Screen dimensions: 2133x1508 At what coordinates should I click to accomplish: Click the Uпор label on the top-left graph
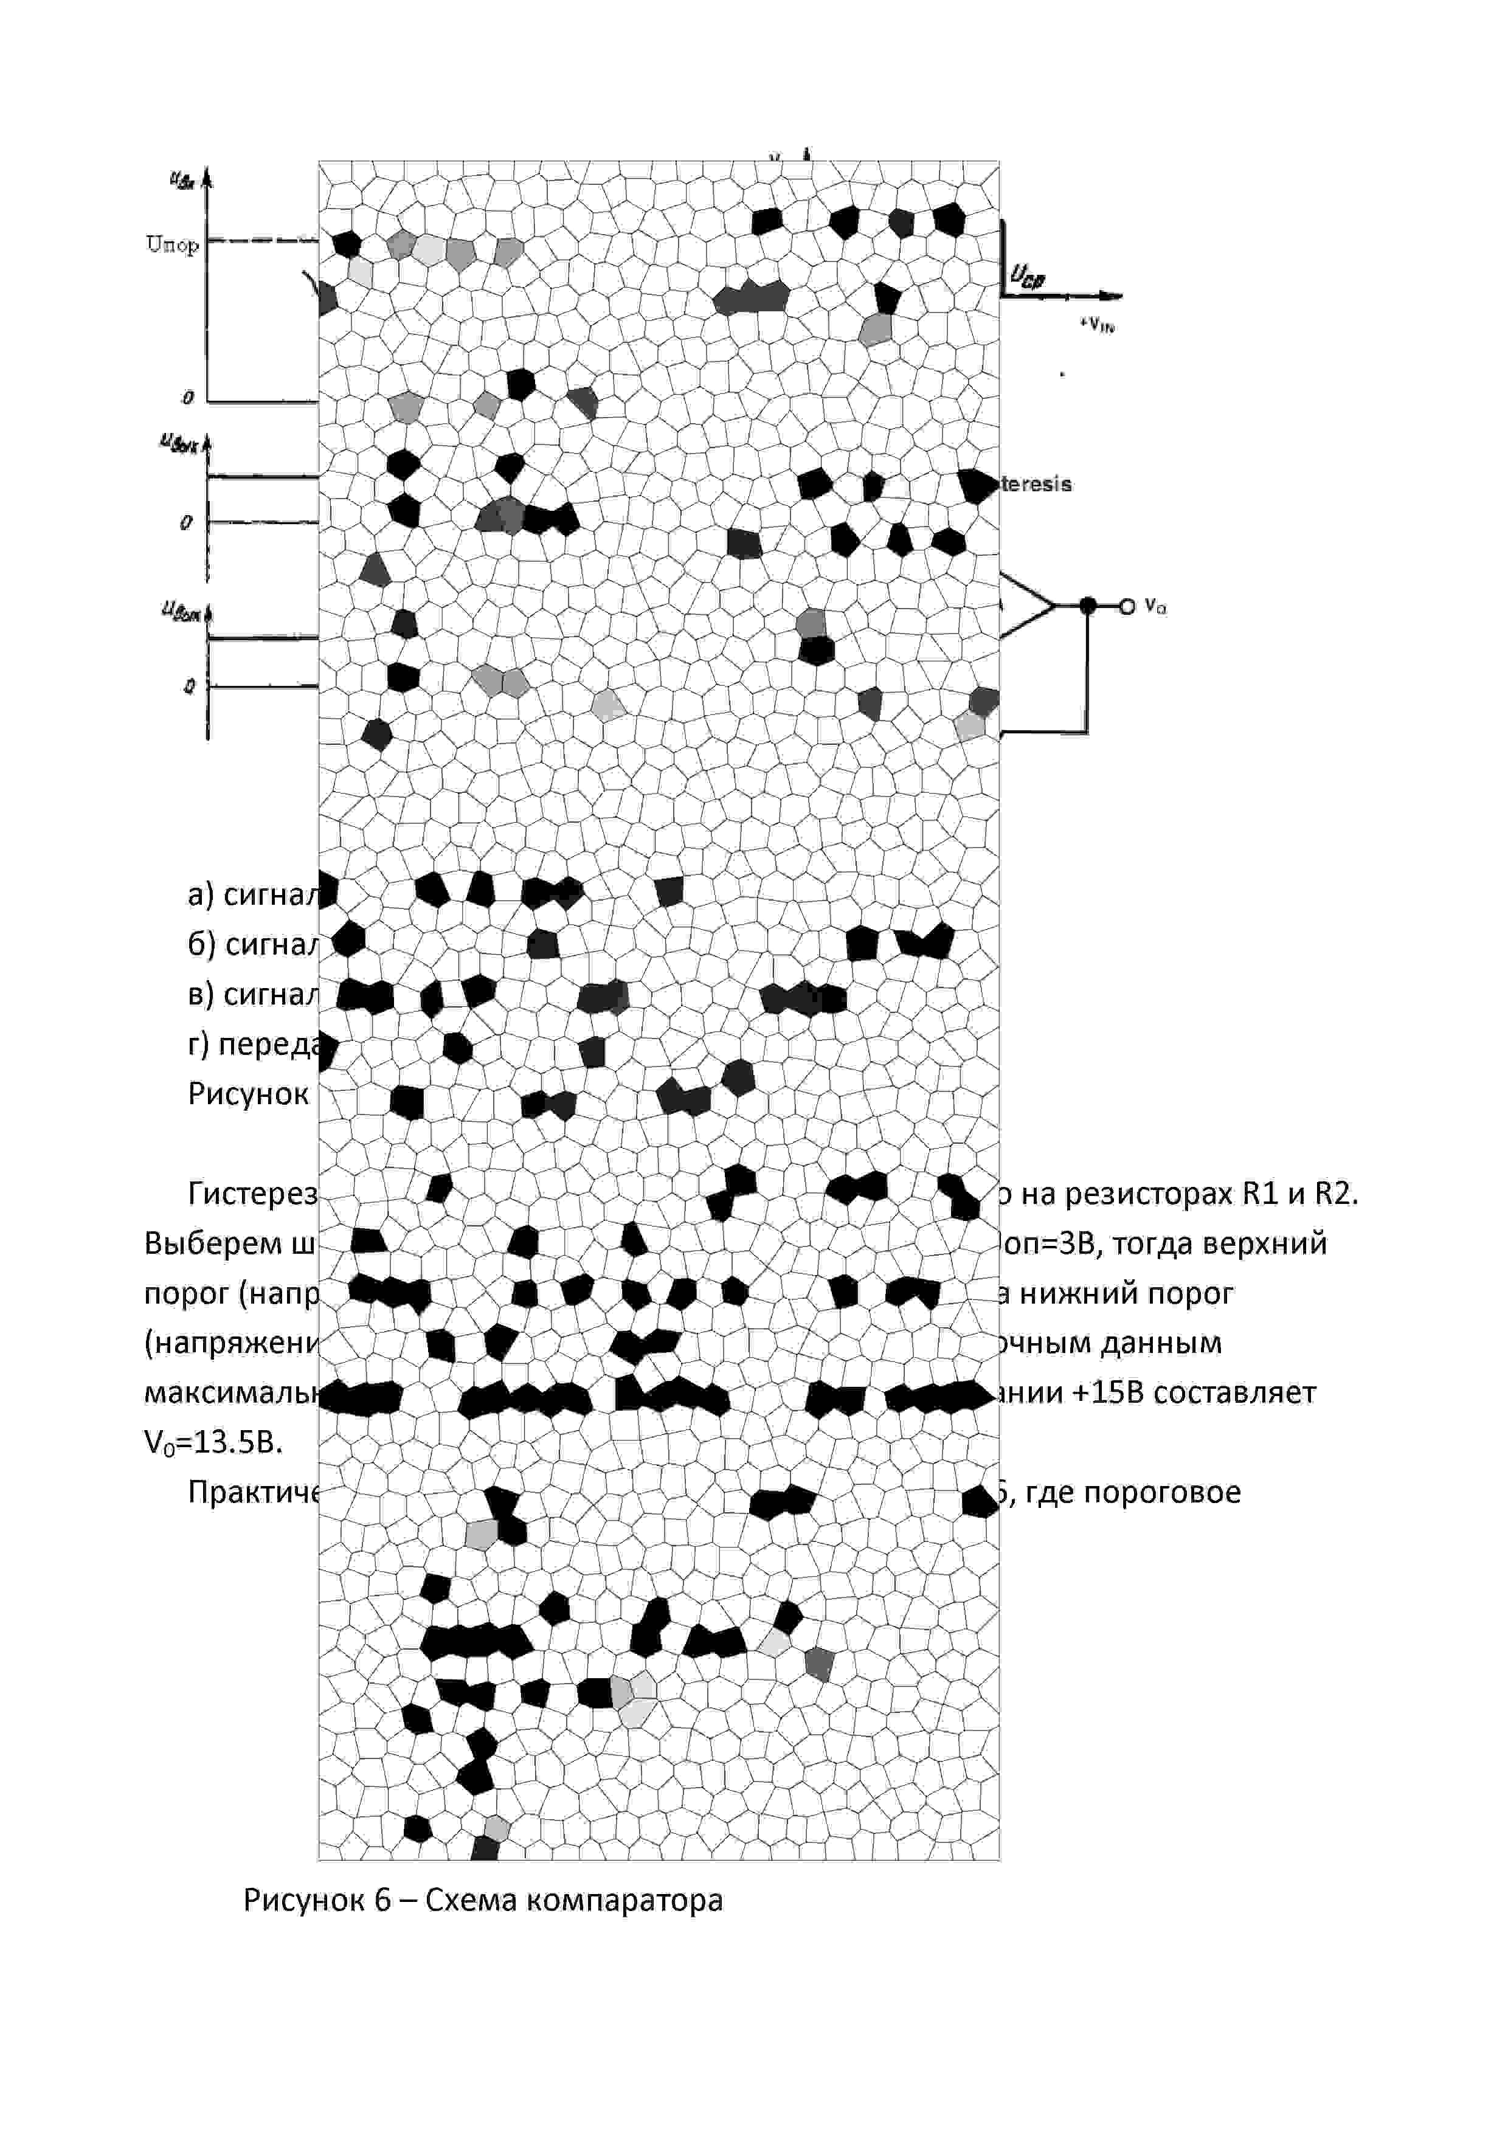pos(173,244)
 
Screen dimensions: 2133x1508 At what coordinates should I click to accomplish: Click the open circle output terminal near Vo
pos(1127,607)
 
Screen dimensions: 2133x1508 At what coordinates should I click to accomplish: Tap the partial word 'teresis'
pos(1036,484)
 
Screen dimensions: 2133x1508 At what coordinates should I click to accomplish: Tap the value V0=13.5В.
pos(213,1443)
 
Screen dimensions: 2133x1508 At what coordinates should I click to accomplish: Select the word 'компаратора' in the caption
pos(624,1900)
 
